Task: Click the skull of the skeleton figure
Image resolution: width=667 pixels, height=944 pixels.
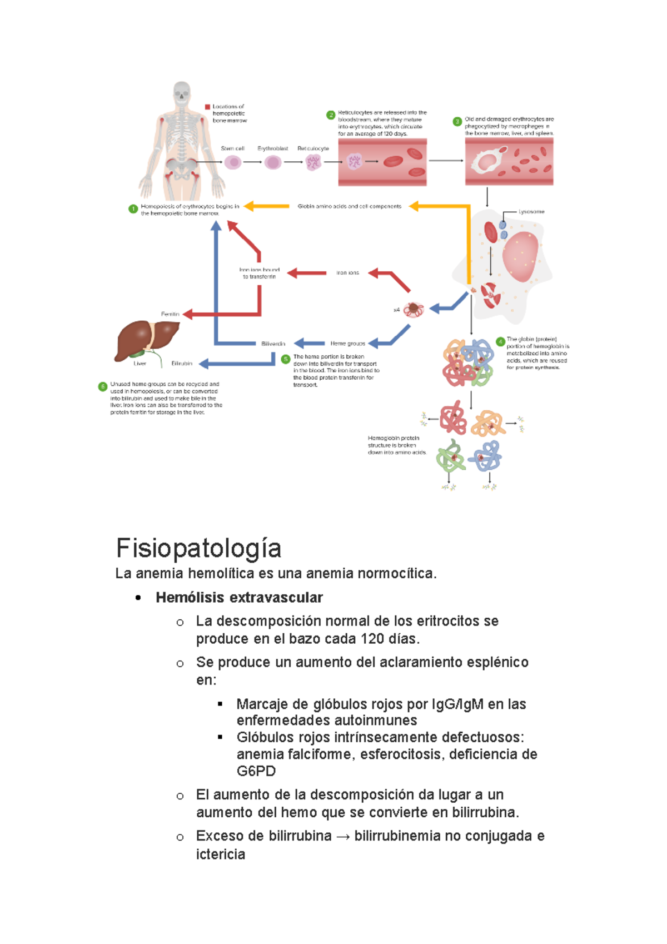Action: (x=182, y=92)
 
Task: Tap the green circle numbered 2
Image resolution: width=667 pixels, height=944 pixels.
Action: (x=331, y=115)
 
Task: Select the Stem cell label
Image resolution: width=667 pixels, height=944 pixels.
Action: (x=232, y=148)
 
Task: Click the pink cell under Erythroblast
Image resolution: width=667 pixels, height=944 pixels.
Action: (x=273, y=162)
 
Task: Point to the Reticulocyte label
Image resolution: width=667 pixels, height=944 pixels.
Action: (x=313, y=148)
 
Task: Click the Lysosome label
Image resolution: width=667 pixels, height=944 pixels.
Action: (x=531, y=212)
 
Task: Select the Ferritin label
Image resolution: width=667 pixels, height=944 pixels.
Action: (x=170, y=314)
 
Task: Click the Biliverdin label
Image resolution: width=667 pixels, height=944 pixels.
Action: (x=273, y=344)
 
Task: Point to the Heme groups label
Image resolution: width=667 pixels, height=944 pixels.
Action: (x=347, y=344)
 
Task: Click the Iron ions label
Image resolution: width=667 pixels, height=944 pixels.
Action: (x=347, y=273)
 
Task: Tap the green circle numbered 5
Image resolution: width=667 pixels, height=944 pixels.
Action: (x=286, y=359)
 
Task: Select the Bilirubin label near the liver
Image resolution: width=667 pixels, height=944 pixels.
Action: (x=182, y=364)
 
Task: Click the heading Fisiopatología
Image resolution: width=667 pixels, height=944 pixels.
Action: (x=198, y=548)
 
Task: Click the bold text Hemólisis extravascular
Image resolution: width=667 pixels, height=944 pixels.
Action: (x=239, y=598)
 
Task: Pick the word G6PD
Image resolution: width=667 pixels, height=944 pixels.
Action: (x=256, y=771)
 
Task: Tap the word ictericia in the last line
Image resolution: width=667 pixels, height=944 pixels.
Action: (x=220, y=854)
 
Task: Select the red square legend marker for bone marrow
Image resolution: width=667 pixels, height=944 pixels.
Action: (x=207, y=107)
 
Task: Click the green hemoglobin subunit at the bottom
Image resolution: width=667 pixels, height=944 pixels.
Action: (x=451, y=457)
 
